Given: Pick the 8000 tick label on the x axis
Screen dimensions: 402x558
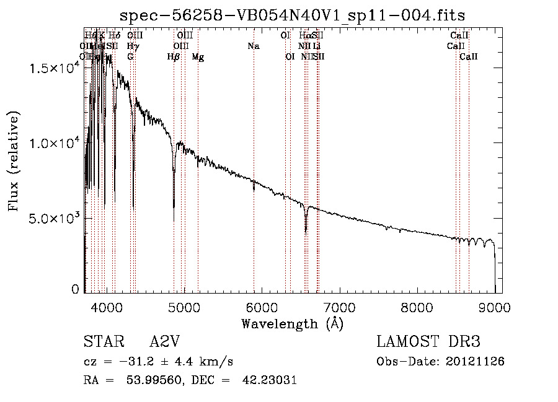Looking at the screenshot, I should click(416, 307).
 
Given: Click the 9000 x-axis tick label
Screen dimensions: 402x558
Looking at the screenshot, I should click(494, 307).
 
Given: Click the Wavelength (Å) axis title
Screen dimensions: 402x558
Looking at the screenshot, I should click(292, 323).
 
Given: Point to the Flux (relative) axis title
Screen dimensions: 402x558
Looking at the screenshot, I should click(14, 161).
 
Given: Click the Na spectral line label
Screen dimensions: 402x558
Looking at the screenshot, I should click(253, 46).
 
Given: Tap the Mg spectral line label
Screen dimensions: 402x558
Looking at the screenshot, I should click(198, 57).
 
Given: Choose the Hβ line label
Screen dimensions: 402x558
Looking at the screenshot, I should click(174, 57).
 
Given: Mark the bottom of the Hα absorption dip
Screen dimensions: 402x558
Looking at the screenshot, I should click(306, 232).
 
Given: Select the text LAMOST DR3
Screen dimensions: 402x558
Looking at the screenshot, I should click(428, 342).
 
